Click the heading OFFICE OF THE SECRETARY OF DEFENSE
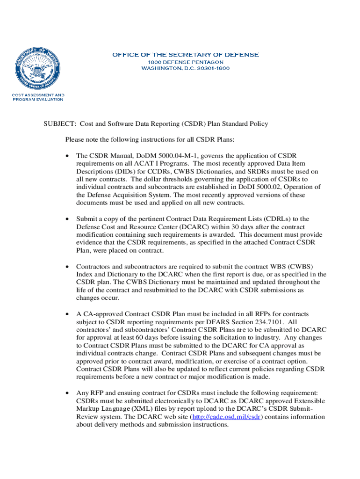pos(185,55)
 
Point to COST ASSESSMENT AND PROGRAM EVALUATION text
pos(38,97)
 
